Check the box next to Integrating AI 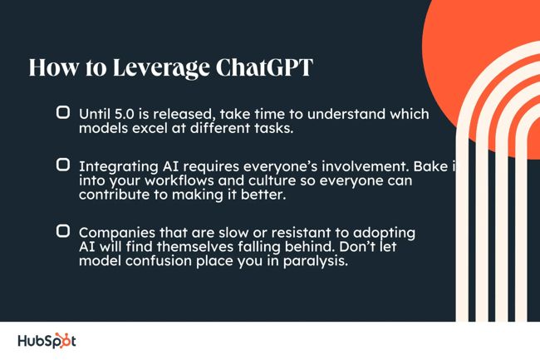pos(62,165)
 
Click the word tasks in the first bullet pos(274,129)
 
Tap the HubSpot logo pos(46,341)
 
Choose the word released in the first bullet pos(189,115)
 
